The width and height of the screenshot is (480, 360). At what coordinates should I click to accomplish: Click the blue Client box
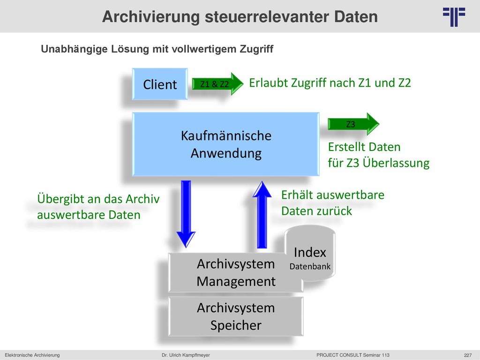160,84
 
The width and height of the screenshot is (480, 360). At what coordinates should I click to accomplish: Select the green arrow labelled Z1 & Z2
217,84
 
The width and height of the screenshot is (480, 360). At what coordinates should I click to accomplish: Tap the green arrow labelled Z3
353,124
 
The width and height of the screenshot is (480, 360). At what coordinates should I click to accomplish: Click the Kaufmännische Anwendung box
226,144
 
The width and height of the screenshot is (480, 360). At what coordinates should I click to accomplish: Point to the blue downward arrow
186,214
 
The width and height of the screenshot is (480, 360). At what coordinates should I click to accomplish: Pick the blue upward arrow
262,214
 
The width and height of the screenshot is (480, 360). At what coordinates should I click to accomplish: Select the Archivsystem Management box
236,272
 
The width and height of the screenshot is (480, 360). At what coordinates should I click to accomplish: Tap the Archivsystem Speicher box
236,316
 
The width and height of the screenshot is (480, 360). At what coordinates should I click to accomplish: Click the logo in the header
454,17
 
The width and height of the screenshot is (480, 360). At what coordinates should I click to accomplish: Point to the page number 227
468,355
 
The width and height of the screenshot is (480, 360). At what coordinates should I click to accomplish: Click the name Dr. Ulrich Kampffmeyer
186,355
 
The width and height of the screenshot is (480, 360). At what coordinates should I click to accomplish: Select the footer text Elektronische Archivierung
32,355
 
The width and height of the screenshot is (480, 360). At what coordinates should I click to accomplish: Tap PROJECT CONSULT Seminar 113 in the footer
353,355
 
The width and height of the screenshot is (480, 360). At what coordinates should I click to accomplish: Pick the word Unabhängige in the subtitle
75,49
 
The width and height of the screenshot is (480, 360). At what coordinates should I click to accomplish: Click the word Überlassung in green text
396,163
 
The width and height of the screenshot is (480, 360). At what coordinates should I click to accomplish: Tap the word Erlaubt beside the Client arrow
269,83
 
